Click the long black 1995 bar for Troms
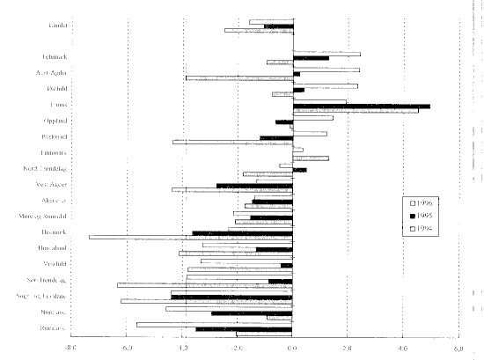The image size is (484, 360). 361,106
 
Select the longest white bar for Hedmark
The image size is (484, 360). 190,236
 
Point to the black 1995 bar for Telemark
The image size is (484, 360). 311,58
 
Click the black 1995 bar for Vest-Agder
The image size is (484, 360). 254,186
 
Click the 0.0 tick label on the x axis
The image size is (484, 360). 292,349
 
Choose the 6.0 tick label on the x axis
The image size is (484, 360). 458,349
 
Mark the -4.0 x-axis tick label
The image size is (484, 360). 181,349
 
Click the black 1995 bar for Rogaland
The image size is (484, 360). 243,328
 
